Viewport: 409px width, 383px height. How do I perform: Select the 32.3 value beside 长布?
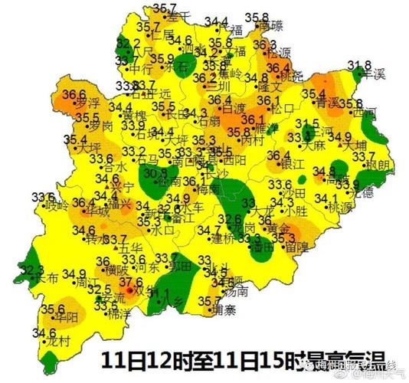coord(32,270)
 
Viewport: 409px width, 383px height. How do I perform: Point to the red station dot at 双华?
coord(131,291)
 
